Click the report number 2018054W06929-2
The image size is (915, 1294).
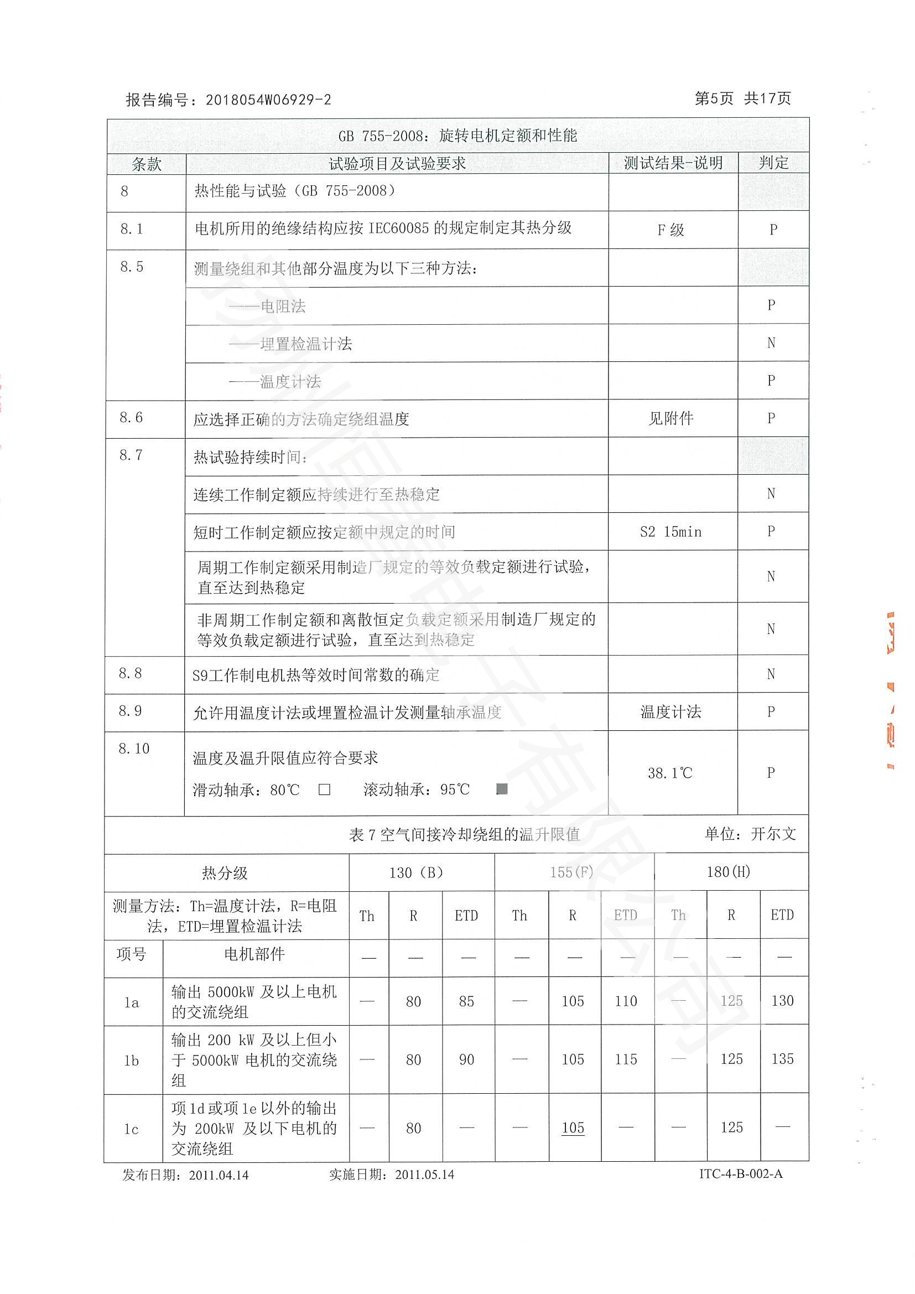[268, 100]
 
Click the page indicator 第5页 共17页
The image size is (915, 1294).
[742, 98]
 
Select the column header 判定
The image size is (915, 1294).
[773, 163]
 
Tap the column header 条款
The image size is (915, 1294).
[146, 164]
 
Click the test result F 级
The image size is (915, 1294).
[670, 230]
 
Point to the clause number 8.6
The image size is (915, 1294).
[131, 418]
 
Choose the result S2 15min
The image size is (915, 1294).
[670, 532]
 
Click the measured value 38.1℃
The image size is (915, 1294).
[669, 773]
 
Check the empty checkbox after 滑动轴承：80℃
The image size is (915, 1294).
[324, 789]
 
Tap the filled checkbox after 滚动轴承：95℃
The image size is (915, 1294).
[501, 789]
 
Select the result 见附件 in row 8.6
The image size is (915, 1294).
[670, 419]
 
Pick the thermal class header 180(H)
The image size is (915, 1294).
[728, 872]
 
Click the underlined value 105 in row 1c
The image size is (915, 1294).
[573, 1127]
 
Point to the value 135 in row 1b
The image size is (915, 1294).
[782, 1059]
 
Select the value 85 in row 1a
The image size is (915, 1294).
[466, 1001]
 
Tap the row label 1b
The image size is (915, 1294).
[131, 1061]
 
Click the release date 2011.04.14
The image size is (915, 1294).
[219, 1175]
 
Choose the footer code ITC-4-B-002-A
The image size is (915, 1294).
[740, 1174]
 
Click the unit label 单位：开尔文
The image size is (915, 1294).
[750, 834]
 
